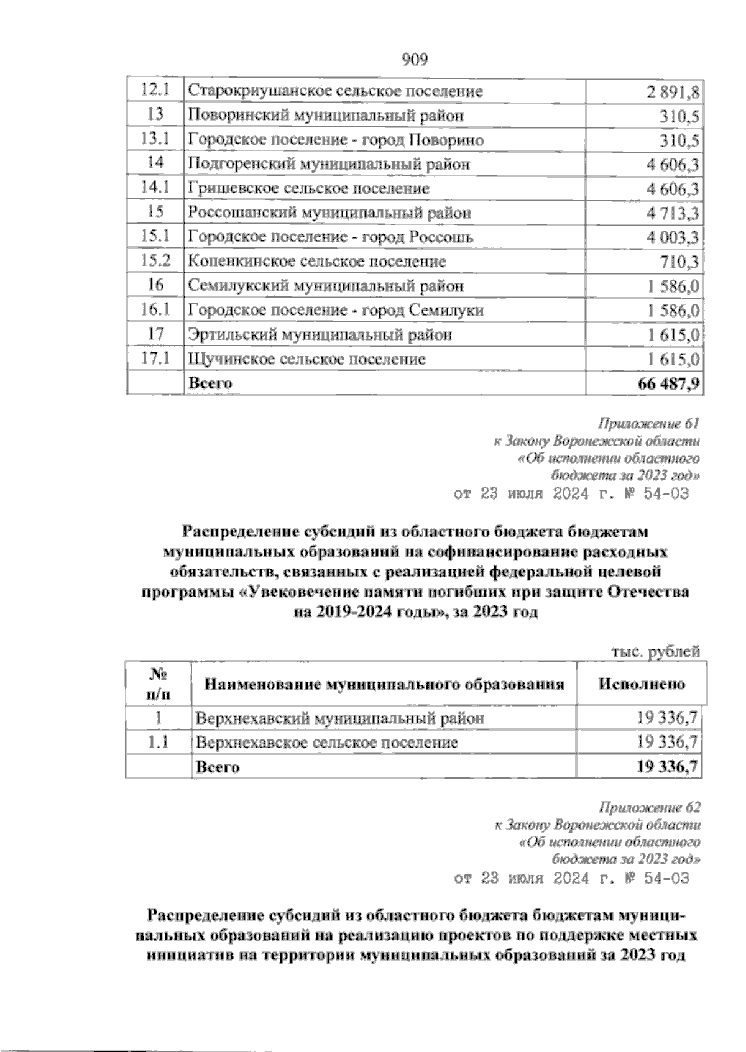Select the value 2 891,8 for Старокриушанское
(671, 92)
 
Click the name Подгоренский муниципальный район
(329, 164)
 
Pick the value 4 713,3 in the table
(671, 213)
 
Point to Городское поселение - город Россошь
(331, 237)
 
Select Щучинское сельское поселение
(307, 359)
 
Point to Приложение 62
(648, 808)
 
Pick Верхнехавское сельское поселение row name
(328, 743)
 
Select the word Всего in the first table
(210, 383)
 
